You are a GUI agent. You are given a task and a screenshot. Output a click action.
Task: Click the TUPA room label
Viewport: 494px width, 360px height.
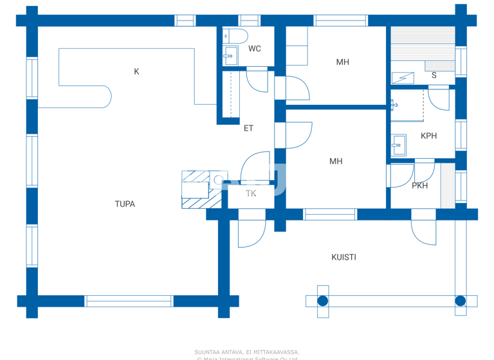pyautogui.click(x=125, y=204)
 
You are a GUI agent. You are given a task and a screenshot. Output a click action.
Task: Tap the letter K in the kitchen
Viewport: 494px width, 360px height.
pyautogui.click(x=136, y=72)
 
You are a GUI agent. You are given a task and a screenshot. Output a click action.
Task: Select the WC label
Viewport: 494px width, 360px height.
pyautogui.click(x=255, y=49)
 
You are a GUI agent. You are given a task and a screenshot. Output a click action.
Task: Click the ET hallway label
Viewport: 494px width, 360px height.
pyautogui.click(x=248, y=129)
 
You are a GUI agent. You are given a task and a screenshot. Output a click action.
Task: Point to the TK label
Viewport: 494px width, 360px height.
pyautogui.click(x=251, y=194)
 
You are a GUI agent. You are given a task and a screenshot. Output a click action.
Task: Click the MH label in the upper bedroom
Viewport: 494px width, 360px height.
pyautogui.click(x=342, y=62)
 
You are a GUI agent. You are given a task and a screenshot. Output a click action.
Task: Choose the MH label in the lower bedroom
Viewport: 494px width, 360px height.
pyautogui.click(x=336, y=161)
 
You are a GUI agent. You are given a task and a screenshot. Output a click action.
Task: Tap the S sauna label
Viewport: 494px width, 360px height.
pyautogui.click(x=434, y=75)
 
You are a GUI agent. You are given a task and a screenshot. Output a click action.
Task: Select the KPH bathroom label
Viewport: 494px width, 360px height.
pyautogui.click(x=428, y=136)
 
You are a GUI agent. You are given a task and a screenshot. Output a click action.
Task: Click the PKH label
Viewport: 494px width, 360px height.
pyautogui.click(x=420, y=186)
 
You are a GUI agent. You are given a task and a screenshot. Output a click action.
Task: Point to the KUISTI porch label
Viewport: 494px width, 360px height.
pyautogui.click(x=343, y=257)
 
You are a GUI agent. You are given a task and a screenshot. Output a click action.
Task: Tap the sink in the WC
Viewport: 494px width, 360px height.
pyautogui.click(x=230, y=57)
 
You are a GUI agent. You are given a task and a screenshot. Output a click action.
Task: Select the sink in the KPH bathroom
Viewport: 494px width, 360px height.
pyautogui.click(x=399, y=145)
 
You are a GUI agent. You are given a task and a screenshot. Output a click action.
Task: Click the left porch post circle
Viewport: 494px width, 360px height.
pyautogui.click(x=323, y=301)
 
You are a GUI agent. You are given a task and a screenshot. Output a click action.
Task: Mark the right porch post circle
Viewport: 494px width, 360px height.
pyautogui.click(x=461, y=301)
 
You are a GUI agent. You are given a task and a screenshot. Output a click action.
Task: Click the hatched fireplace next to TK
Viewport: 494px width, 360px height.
pyautogui.click(x=196, y=190)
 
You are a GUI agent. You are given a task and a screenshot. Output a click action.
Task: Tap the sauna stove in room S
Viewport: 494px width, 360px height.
pyautogui.click(x=403, y=78)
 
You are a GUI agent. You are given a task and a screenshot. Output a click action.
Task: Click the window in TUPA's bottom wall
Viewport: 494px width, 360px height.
pyautogui.click(x=129, y=301)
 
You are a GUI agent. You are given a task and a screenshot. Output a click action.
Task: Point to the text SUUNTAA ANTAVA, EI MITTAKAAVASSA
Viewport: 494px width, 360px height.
pyautogui.click(x=247, y=352)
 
